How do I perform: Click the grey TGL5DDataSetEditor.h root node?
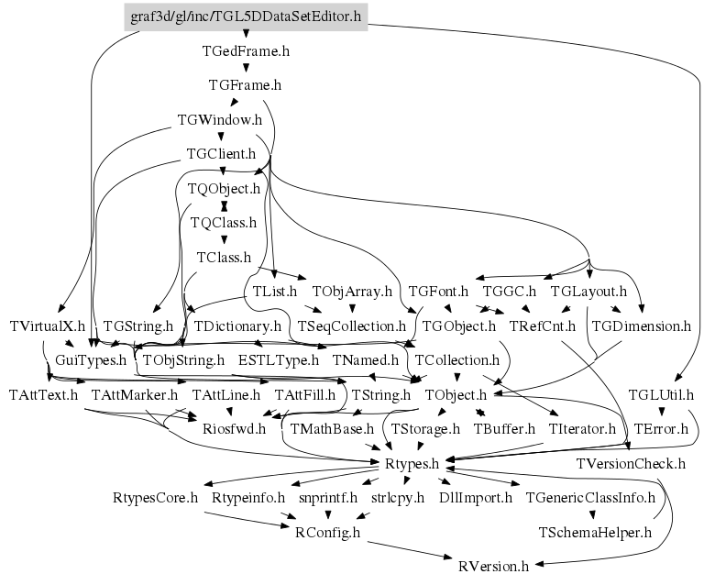pyautogui.click(x=246, y=17)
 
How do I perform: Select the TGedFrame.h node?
pyautogui.click(x=246, y=51)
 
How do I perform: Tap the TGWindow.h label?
pyautogui.click(x=220, y=120)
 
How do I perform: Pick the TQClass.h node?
pyautogui.click(x=224, y=223)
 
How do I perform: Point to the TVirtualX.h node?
pyautogui.click(x=47, y=326)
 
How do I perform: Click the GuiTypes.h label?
pyautogui.click(x=91, y=360)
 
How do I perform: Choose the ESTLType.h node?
pyautogui.click(x=279, y=360)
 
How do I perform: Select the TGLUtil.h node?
pyautogui.click(x=661, y=394)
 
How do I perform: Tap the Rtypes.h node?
pyautogui.click(x=412, y=463)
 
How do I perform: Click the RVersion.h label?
pyautogui.click(x=493, y=566)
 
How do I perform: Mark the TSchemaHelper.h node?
pyautogui.click(x=595, y=533)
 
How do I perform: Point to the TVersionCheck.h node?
pyautogui.click(x=631, y=463)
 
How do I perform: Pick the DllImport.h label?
pyautogui.click(x=476, y=498)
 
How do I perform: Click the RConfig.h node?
pyautogui.click(x=327, y=533)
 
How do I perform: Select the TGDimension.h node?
pyautogui.click(x=641, y=326)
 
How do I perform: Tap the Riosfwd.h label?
pyautogui.click(x=234, y=429)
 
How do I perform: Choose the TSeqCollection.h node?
pyautogui.click(x=352, y=326)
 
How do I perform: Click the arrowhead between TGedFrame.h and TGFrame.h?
pyautogui.click(x=246, y=68)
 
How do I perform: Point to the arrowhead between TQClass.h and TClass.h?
pyautogui.click(x=224, y=240)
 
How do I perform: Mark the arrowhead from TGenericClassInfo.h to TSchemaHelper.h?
pyautogui.click(x=593, y=514)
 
